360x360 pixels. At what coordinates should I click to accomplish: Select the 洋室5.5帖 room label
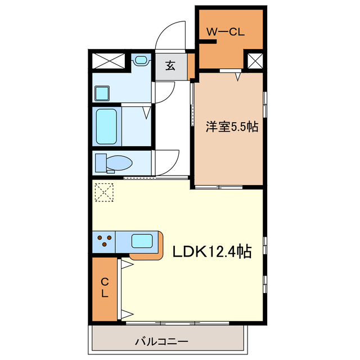pos(231,128)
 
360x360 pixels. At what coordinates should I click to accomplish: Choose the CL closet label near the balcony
pos(105,287)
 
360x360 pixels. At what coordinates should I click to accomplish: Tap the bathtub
pos(106,127)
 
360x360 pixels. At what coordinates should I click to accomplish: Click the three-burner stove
pos(103,242)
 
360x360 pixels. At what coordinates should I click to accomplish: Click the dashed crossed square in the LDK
pos(104,192)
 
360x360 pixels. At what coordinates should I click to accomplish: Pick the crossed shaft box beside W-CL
pos(255,60)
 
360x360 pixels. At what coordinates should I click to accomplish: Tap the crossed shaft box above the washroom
pos(109,60)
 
